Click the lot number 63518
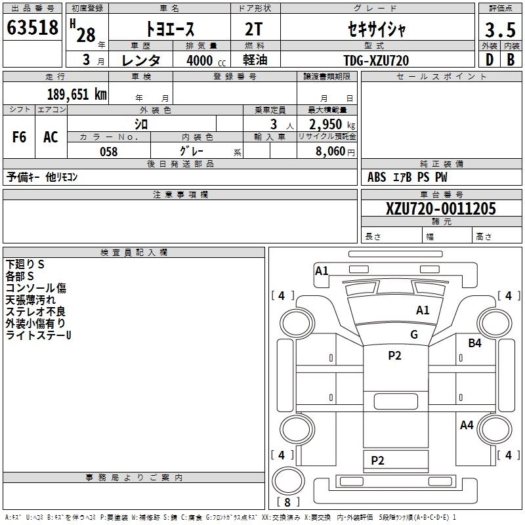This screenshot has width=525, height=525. [x=32, y=28]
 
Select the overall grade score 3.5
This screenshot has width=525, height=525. [x=499, y=30]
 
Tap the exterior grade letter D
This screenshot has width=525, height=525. [x=488, y=60]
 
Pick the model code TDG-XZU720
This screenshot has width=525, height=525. [x=376, y=60]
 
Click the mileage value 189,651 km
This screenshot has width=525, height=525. [x=77, y=94]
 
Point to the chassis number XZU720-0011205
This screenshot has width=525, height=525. [x=441, y=209]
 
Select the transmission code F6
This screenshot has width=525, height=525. [x=19, y=137]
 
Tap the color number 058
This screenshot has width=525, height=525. [x=108, y=152]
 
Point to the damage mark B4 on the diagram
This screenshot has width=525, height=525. [x=474, y=343]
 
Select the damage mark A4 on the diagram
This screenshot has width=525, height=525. [x=467, y=425]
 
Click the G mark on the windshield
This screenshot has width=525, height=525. [x=414, y=334]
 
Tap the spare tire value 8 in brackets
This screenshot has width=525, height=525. [x=287, y=503]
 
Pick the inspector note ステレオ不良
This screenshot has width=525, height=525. [x=35, y=312]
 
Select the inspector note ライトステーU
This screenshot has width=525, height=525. [x=38, y=335]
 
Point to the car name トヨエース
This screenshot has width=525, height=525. [x=170, y=30]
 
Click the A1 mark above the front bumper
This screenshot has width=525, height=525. [x=322, y=270]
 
